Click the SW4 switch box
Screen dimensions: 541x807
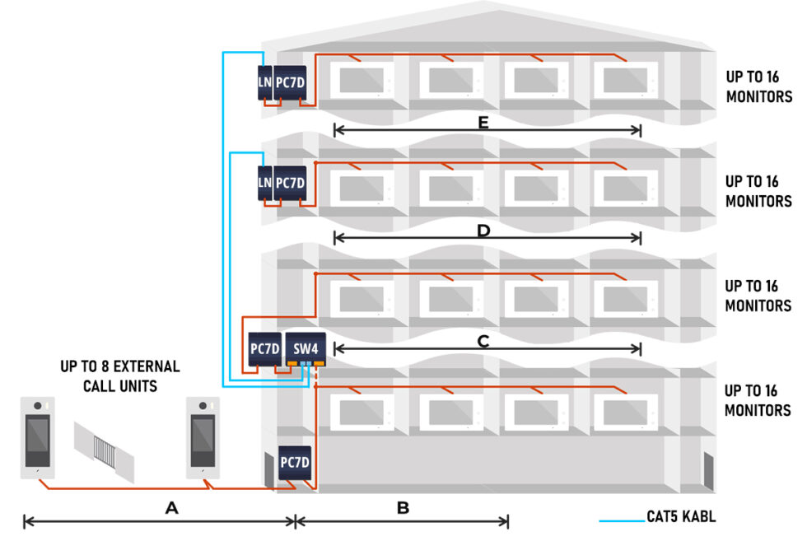pos(306,349)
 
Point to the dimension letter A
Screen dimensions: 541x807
pos(171,509)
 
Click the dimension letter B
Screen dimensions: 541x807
pos(403,509)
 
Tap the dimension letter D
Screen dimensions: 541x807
pos(484,231)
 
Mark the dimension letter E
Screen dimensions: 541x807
pos(484,124)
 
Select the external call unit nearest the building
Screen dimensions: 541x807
pos(203,437)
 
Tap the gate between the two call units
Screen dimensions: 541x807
pos(105,450)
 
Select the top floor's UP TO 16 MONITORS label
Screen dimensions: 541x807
pos(758,86)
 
